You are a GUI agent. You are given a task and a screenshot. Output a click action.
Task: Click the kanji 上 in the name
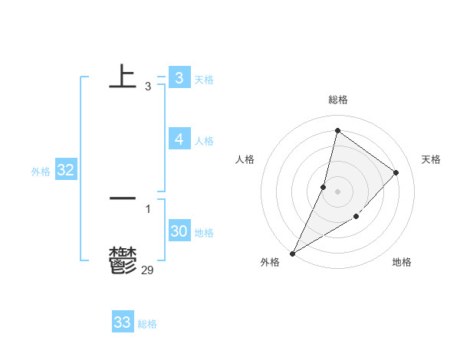tap(123, 77)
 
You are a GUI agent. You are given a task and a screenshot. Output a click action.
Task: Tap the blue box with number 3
tap(179, 77)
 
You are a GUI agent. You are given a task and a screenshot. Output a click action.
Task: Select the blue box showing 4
tap(179, 139)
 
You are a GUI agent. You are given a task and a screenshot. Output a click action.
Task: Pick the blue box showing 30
tap(179, 231)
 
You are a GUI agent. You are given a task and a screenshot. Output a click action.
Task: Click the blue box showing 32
tap(65, 170)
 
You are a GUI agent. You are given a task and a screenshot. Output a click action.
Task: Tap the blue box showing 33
tap(122, 322)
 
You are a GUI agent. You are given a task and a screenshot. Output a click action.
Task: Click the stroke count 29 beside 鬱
tap(147, 270)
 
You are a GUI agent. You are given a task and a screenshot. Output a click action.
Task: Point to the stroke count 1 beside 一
tap(147, 208)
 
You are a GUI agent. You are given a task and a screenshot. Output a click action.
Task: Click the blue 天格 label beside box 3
tap(204, 79)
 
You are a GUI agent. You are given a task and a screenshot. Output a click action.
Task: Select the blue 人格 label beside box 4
tap(204, 141)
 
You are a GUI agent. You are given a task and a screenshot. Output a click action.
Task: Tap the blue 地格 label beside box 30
tap(204, 233)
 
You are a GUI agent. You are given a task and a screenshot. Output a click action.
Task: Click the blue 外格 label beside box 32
tap(41, 172)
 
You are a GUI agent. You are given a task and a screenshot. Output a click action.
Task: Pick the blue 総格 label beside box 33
tap(147, 324)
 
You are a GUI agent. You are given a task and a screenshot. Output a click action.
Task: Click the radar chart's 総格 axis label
tap(337, 100)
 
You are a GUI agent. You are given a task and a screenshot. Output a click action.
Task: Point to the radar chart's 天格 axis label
tap(431, 159)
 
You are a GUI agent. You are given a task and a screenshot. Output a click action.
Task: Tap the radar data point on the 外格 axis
tap(292, 253)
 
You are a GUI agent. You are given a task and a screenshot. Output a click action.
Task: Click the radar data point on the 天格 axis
tap(396, 172)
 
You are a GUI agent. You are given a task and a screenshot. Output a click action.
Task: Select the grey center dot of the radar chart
tap(337, 191)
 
